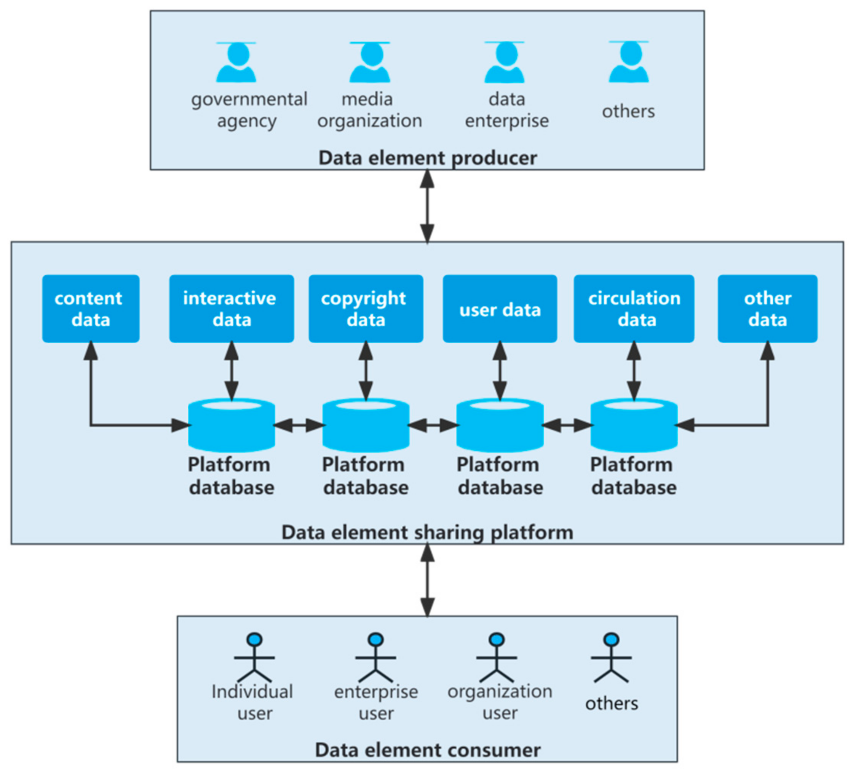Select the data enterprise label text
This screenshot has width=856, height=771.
click(506, 110)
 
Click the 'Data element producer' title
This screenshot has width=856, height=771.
click(427, 158)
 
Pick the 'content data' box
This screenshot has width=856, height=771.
click(91, 309)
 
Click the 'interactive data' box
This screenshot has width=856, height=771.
click(231, 309)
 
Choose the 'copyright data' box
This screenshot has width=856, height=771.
click(366, 309)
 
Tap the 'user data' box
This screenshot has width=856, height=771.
click(500, 309)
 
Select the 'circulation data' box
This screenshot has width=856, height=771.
click(634, 309)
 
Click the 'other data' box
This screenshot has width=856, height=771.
click(768, 309)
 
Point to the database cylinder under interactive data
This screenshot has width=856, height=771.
click(231, 425)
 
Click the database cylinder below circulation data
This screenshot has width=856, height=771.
click(634, 425)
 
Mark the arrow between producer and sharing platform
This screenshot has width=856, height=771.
click(427, 206)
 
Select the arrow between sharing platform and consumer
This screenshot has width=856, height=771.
click(427, 579)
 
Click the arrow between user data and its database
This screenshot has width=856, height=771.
click(500, 371)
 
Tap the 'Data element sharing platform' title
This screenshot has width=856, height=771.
click(427, 533)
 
